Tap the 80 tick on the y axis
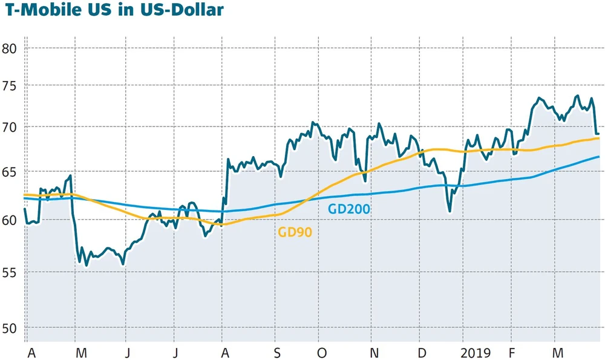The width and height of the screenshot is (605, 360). click(x=10, y=48)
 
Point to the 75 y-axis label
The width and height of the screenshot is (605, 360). click(x=10, y=87)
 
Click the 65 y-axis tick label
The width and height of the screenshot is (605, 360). click(x=10, y=173)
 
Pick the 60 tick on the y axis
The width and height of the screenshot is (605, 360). click(x=10, y=220)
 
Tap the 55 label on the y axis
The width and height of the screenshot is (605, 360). click(x=10, y=272)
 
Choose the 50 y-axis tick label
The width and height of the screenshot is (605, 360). click(x=10, y=329)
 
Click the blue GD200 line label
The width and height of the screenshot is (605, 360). click(x=348, y=209)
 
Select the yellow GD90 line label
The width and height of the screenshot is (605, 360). click(x=295, y=232)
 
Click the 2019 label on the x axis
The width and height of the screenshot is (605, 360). click(x=477, y=353)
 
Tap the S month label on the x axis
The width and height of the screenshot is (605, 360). click(x=276, y=353)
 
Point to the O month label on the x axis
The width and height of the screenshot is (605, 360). click(x=322, y=353)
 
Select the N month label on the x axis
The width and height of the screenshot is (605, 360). click(x=374, y=353)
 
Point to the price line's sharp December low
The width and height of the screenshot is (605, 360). click(x=450, y=211)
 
